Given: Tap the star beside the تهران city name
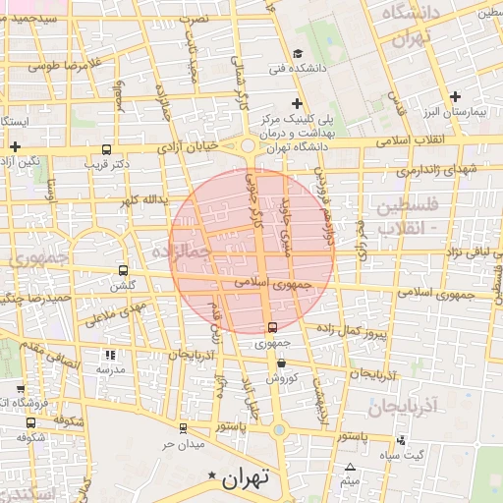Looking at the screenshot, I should point(210,476).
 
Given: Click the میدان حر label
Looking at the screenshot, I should point(183,444).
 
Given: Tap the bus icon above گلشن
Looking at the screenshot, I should point(123,270).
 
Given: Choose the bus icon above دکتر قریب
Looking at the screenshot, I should point(106,149).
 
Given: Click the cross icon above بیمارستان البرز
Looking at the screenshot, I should point(455,96).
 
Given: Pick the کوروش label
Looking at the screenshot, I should point(281,377).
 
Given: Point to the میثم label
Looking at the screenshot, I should point(351,482).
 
